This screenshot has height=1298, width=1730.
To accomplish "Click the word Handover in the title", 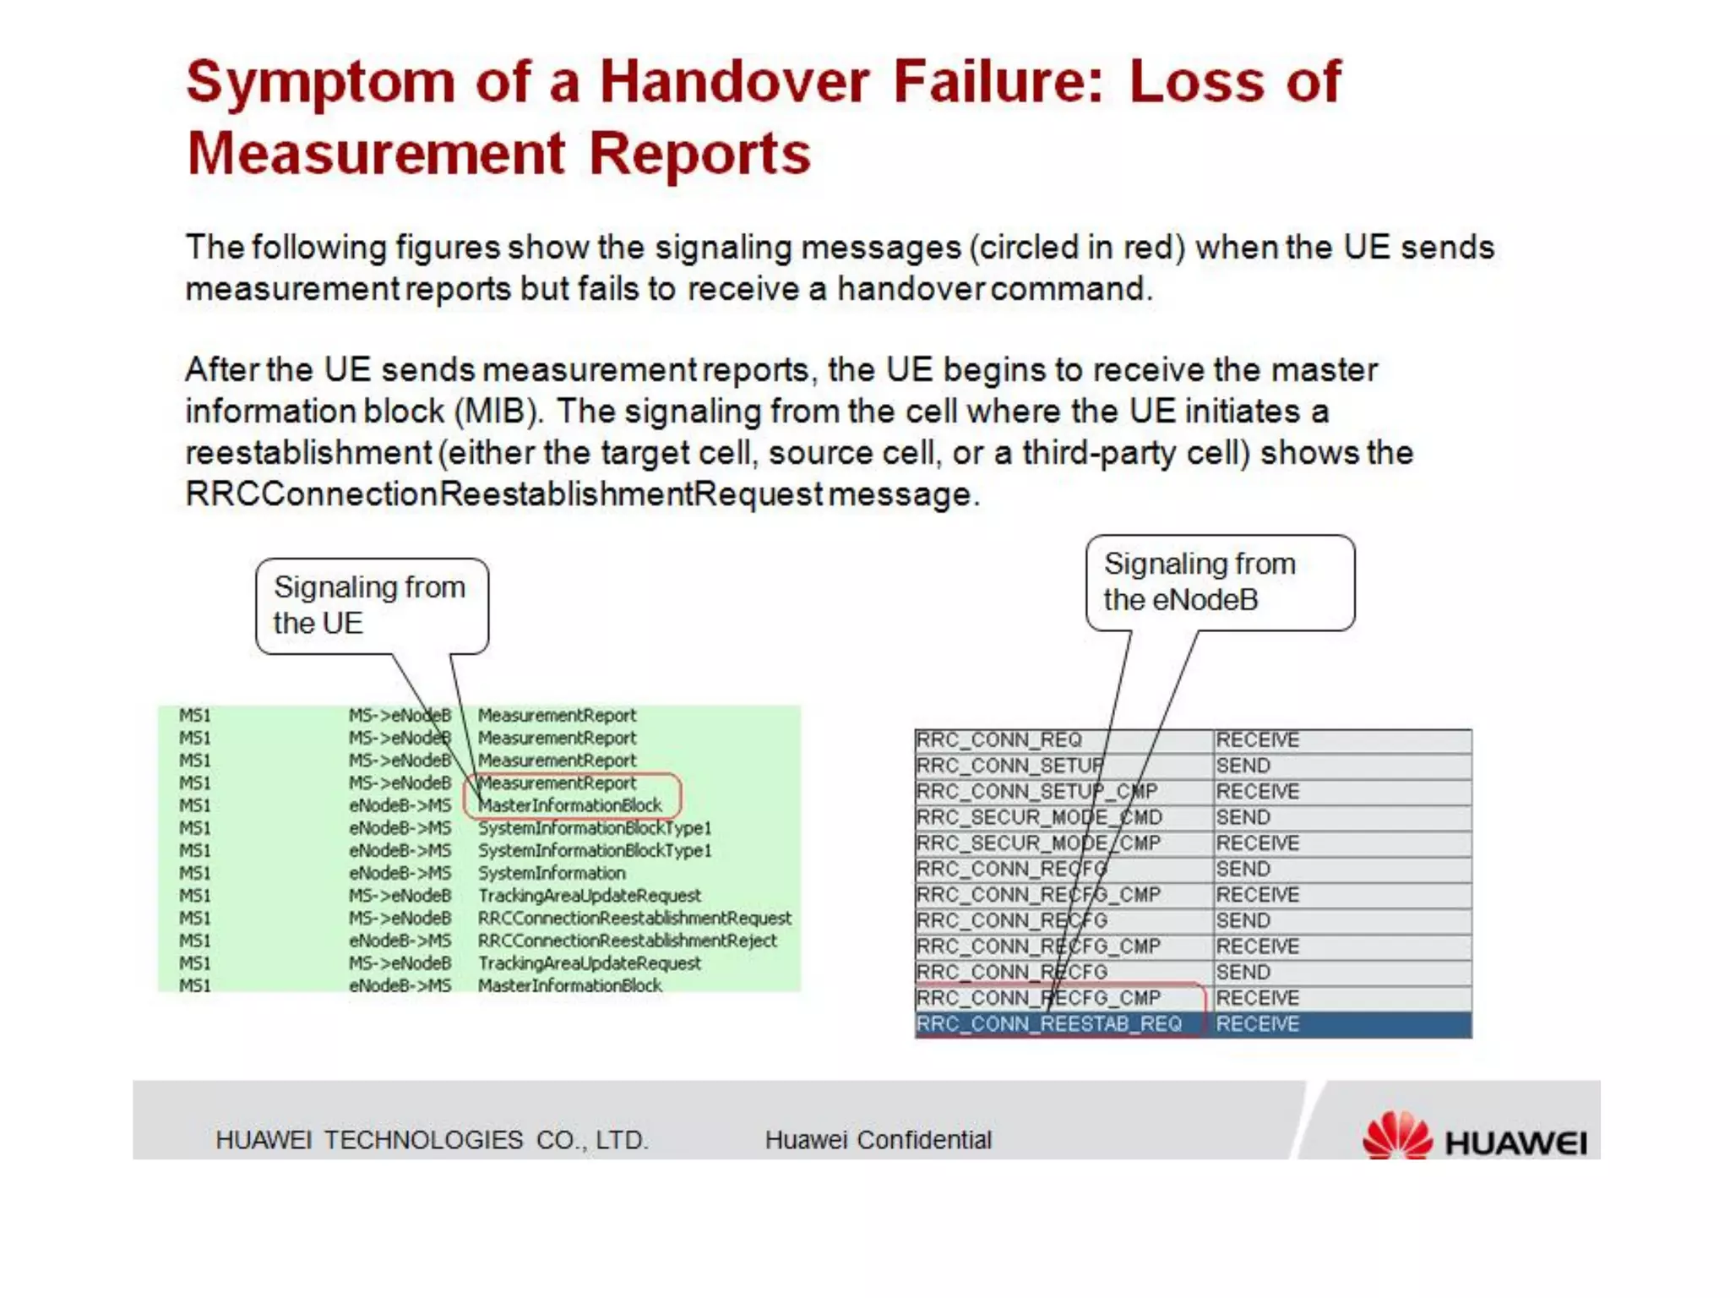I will (733, 82).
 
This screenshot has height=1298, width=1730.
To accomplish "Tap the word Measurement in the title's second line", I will (375, 154).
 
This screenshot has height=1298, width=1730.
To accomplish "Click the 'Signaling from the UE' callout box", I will (372, 605).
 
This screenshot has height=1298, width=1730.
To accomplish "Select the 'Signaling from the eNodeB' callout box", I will (1220, 581).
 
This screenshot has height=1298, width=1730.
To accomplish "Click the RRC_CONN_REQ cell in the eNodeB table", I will (999, 740).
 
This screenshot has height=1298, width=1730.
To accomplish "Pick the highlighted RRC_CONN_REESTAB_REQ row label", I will (1049, 1024).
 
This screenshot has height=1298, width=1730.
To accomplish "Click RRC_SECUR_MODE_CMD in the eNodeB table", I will (1039, 818).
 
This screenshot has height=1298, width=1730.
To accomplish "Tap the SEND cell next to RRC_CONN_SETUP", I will (1243, 766).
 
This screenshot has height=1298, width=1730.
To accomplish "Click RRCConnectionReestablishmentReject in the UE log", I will (627, 941).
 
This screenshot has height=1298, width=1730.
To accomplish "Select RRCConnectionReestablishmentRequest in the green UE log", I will (634, 918).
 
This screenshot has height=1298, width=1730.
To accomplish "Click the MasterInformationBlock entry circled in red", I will (570, 805).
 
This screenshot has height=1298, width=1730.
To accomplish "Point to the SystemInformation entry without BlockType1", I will (552, 873).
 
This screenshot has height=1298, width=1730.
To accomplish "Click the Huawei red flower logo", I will (1397, 1134).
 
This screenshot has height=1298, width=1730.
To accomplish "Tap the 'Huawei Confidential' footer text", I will (878, 1140).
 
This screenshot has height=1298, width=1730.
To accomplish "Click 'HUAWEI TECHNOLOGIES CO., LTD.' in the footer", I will (432, 1140).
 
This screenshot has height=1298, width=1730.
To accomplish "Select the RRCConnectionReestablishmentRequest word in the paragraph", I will (503, 494).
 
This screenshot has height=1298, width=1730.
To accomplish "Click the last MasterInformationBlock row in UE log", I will (570, 985).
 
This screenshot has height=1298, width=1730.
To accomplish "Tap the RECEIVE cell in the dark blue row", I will (1257, 1024).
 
